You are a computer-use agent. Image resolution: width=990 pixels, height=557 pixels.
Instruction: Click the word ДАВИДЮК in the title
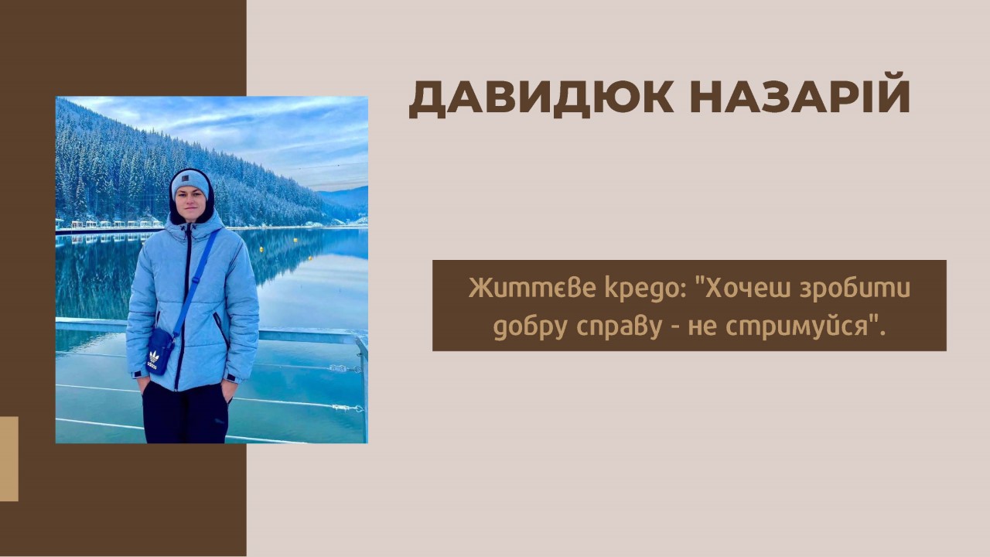pos(541,98)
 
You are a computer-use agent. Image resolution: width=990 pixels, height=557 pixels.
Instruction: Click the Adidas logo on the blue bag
pos(153,359)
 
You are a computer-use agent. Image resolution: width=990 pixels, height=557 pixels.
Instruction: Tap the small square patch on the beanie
pos(186,178)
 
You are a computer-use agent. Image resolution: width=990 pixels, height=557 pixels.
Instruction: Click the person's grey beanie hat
pos(190,183)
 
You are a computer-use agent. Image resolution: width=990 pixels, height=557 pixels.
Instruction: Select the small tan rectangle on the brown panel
pos(9,459)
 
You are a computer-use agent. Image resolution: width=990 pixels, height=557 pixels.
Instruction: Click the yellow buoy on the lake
pos(261,250)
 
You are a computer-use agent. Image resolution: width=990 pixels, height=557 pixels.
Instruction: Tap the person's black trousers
pos(186,412)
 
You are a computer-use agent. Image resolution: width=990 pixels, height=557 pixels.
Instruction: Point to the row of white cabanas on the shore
pos(111,224)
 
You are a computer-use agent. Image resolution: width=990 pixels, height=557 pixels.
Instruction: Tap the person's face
pos(190,205)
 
